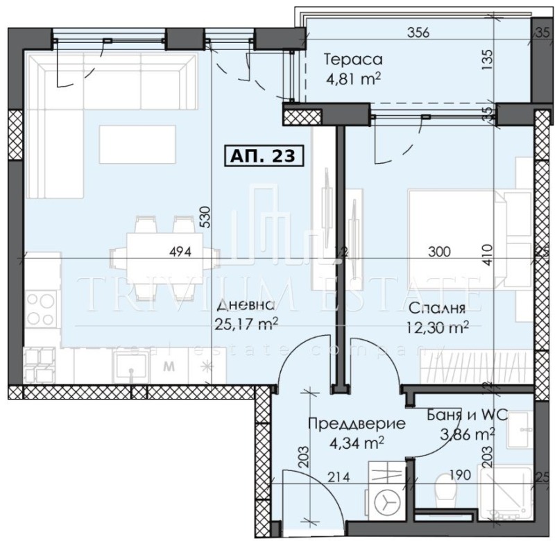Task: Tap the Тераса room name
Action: (x=352, y=60)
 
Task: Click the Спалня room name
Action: (x=436, y=308)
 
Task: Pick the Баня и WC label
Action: (x=467, y=416)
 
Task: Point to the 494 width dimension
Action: (x=180, y=252)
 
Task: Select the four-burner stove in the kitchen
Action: (x=41, y=309)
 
